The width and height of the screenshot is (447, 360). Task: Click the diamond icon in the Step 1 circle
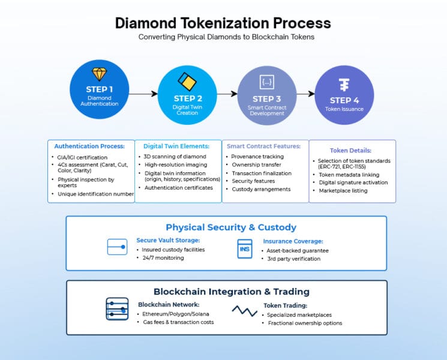coord(99,74)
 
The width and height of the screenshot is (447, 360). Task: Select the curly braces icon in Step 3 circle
coord(266,82)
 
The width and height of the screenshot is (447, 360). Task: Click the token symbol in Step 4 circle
coord(344,84)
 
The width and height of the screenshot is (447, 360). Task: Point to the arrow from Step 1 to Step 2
coord(143,94)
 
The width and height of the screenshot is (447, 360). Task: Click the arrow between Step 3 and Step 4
coord(305,94)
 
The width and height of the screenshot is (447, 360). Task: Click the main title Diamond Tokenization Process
coord(223,23)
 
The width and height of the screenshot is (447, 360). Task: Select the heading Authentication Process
coord(89,146)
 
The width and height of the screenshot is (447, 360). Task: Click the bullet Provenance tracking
coord(257,157)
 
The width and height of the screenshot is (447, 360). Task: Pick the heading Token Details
coord(350,151)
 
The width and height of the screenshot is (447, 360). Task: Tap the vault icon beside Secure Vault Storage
coord(117,247)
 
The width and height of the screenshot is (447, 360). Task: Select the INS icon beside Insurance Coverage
coord(244,248)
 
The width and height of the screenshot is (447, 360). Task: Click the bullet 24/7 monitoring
coord(163,258)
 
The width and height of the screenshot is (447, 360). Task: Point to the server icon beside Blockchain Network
coord(117,309)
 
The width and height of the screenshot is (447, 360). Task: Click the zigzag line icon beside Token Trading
coord(244,310)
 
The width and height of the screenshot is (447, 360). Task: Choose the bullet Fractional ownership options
coord(305,323)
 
